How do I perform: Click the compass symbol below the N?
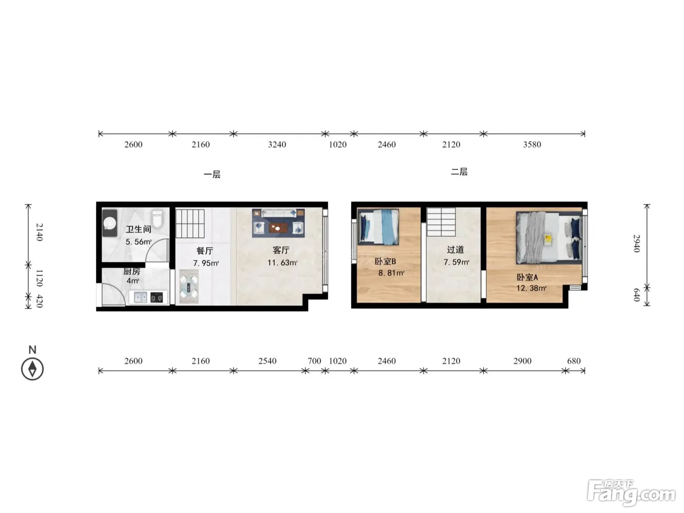(32, 369)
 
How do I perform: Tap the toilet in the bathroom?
(157, 219)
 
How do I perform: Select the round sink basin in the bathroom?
(110, 223)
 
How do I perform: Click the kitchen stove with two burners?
(156, 297)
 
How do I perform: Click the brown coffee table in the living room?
(278, 228)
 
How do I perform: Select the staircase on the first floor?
(190, 223)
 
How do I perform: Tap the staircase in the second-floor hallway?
(441, 222)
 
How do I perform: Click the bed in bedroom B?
(378, 227)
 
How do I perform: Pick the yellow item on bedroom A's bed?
(548, 239)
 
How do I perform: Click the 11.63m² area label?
(282, 262)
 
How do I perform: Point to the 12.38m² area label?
(531, 288)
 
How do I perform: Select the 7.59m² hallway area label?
(456, 262)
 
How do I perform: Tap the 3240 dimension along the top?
(277, 145)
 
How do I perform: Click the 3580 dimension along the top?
(532, 145)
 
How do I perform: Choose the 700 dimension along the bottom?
(314, 361)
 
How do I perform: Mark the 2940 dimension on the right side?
(637, 243)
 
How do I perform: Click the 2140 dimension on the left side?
(40, 232)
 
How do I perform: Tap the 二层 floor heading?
(459, 171)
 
